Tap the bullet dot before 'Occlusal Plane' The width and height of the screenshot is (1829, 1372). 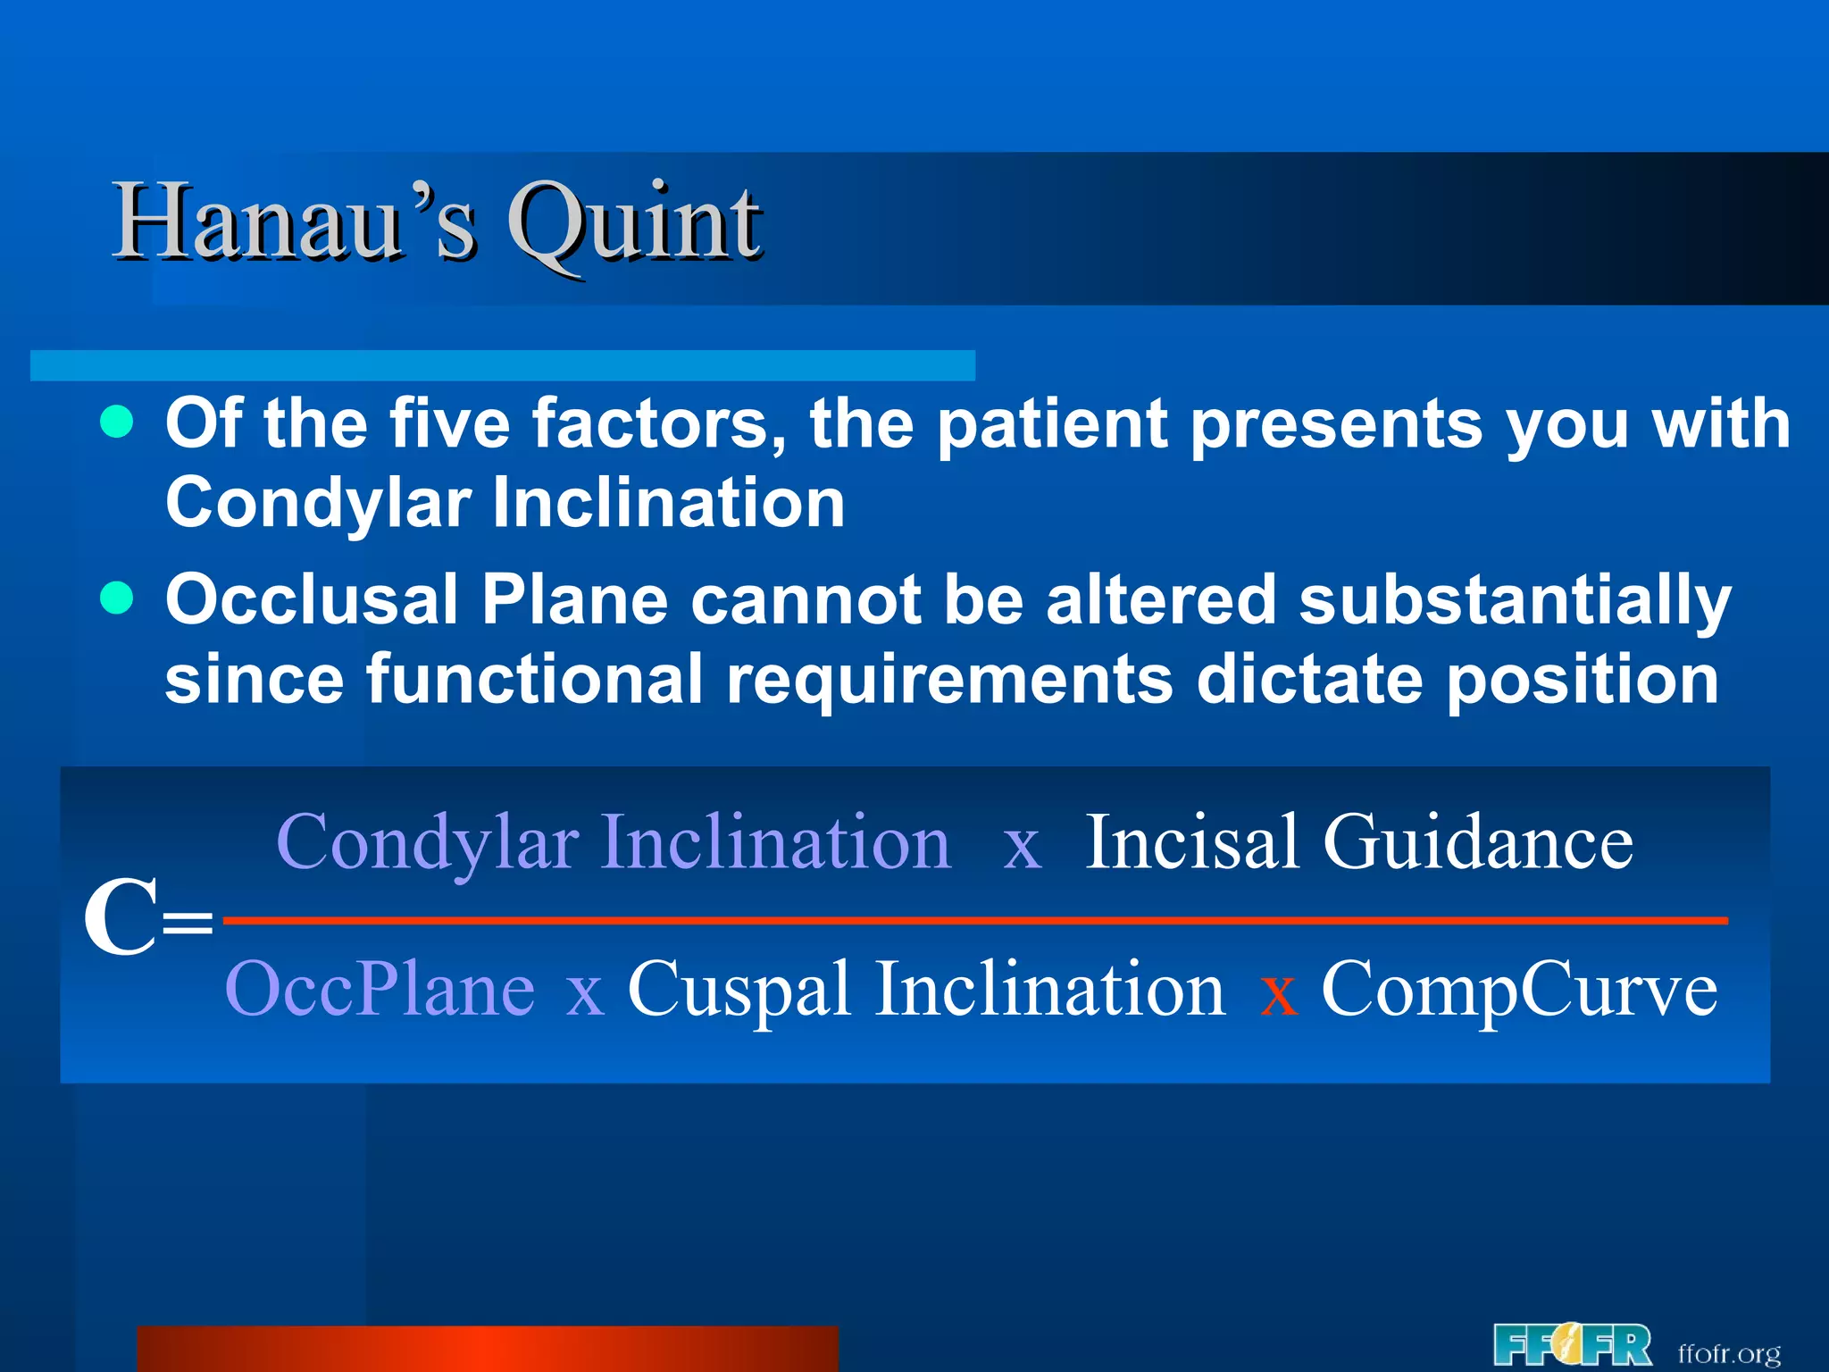coord(117,598)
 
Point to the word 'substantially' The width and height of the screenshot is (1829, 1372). coord(1514,600)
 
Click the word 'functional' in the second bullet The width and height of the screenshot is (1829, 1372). coord(534,679)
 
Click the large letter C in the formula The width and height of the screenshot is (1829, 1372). coord(121,918)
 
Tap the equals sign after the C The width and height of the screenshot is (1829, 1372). coord(188,921)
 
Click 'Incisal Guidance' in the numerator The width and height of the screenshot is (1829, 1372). coord(1358,842)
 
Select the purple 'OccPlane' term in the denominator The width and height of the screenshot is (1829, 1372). coord(380,989)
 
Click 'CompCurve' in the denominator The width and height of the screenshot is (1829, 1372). coord(1518,989)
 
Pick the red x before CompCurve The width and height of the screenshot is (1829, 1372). coord(1278,994)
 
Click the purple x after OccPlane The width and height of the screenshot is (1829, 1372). coord(585,994)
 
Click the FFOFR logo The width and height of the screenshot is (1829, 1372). coord(1571,1345)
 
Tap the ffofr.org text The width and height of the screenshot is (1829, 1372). coord(1728,1352)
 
